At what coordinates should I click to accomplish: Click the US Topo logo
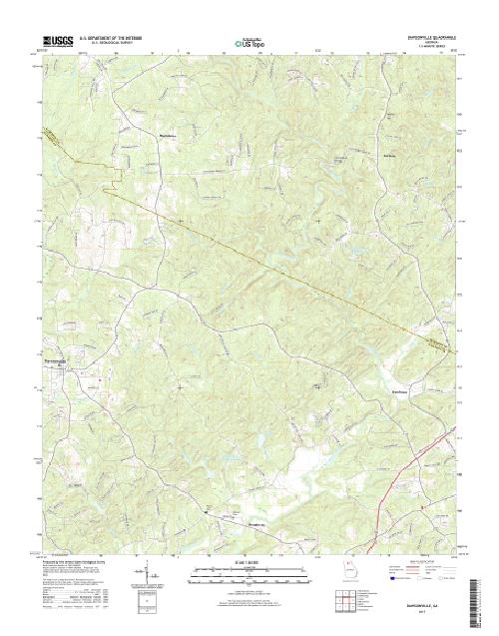coord(250,43)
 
